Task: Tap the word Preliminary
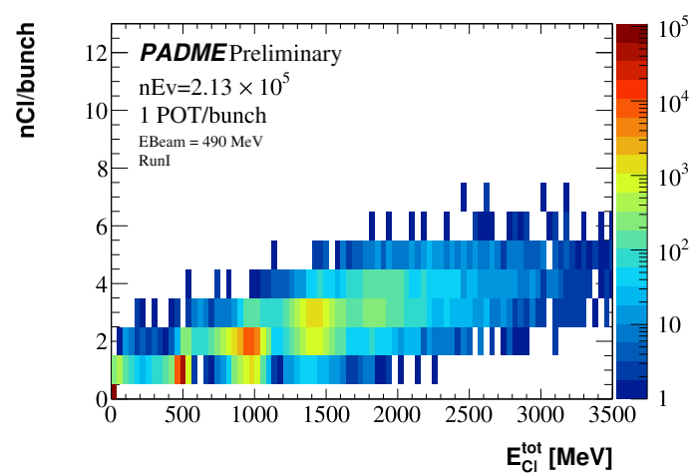pos(285,53)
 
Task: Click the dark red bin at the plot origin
pos(115,391)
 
